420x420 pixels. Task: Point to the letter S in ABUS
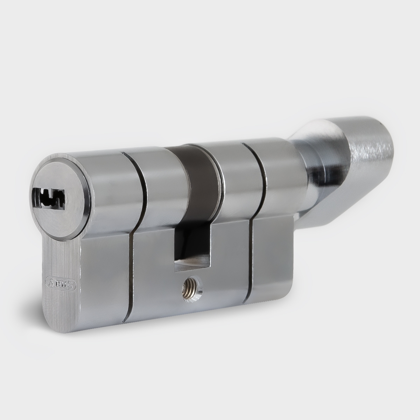(71, 286)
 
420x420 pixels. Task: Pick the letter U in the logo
(65, 285)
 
